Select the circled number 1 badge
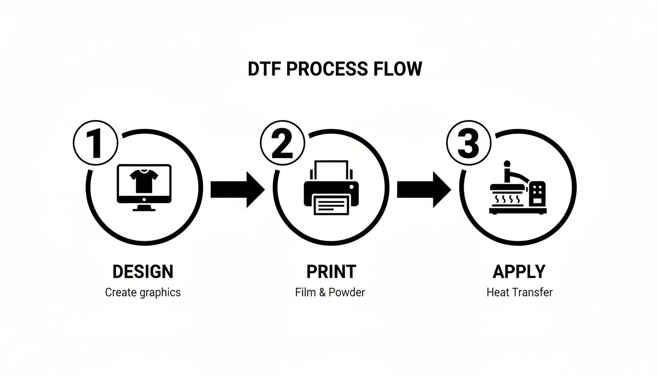pyautogui.click(x=95, y=143)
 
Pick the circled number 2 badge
pyautogui.click(x=282, y=143)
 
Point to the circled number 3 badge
pyautogui.click(x=469, y=143)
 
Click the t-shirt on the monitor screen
pyautogui.click(x=143, y=182)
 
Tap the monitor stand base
pyautogui.click(x=144, y=209)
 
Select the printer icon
pyautogui.click(x=330, y=188)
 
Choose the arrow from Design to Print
pyautogui.click(x=237, y=189)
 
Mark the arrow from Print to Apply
pyautogui.click(x=423, y=189)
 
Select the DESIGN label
pyautogui.click(x=142, y=271)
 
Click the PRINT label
pyautogui.click(x=331, y=271)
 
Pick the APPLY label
pyautogui.click(x=519, y=271)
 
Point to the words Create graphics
pyautogui.click(x=142, y=293)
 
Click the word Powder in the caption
pyautogui.click(x=347, y=293)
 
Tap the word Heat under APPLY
pyautogui.click(x=497, y=293)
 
